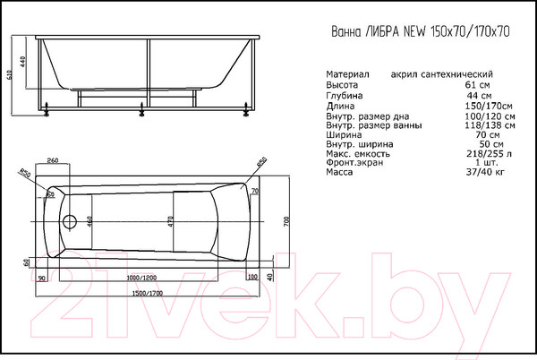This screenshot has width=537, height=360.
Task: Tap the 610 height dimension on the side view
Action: pos(10,77)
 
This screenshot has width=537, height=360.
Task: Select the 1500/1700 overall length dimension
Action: pos(149,293)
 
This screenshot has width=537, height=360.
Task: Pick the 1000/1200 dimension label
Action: pos(148,278)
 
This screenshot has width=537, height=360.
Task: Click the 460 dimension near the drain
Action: pos(89,221)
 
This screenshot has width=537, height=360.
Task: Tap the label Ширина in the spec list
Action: pos(345,134)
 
